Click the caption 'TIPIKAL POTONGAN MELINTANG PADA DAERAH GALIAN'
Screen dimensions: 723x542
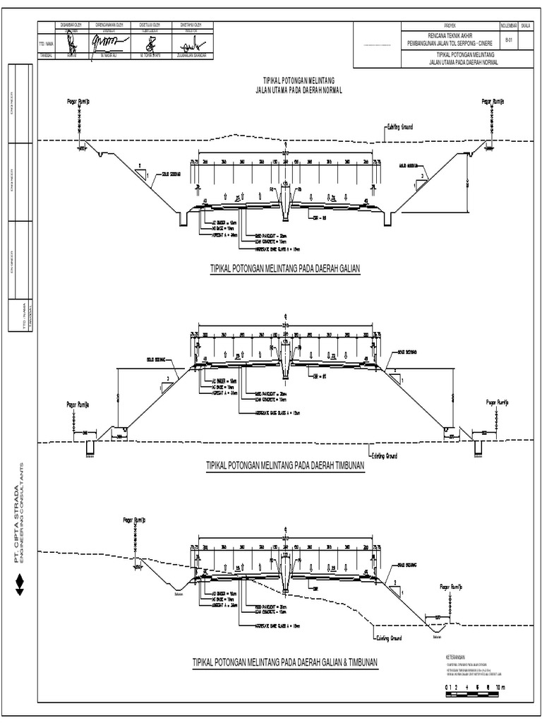[x=285, y=269]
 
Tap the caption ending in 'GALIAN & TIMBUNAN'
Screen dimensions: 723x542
[x=286, y=662]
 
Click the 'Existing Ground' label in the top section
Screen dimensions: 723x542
[x=399, y=127]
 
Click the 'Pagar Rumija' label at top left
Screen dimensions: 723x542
[x=78, y=102]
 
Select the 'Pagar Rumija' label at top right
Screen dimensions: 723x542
[x=493, y=102]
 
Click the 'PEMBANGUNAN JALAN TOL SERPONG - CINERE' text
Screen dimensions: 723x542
[x=460, y=44]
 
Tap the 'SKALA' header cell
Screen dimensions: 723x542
[x=526, y=26]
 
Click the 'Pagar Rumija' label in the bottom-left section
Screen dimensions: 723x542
[x=133, y=520]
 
